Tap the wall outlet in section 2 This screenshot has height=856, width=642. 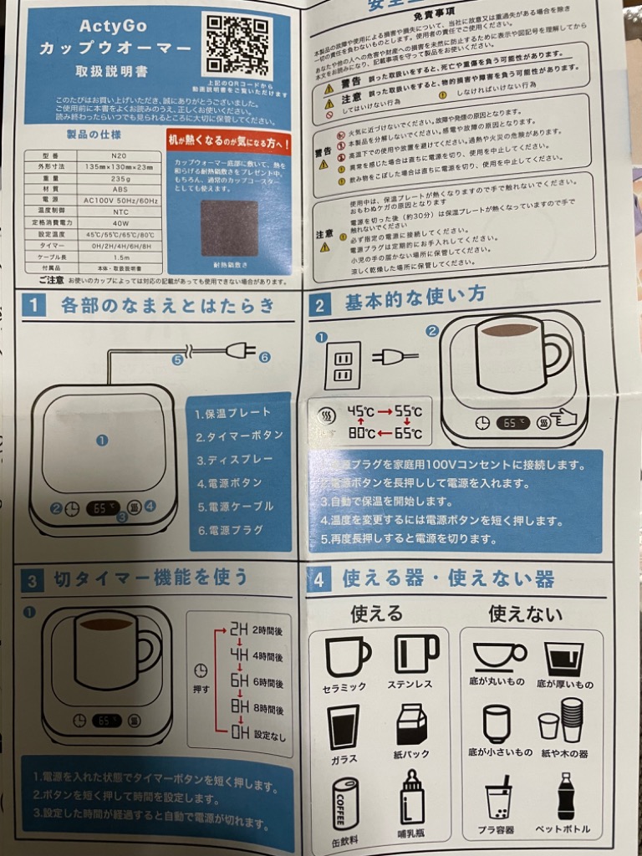coord(342,365)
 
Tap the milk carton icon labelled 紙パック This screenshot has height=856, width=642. coord(411,724)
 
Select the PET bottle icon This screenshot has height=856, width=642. coord(566,796)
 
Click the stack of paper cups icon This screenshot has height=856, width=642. coord(571,720)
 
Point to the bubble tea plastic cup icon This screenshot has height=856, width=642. coord(499,798)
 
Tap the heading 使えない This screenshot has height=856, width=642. coord(525,615)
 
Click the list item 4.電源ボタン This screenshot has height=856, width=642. coord(227,483)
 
